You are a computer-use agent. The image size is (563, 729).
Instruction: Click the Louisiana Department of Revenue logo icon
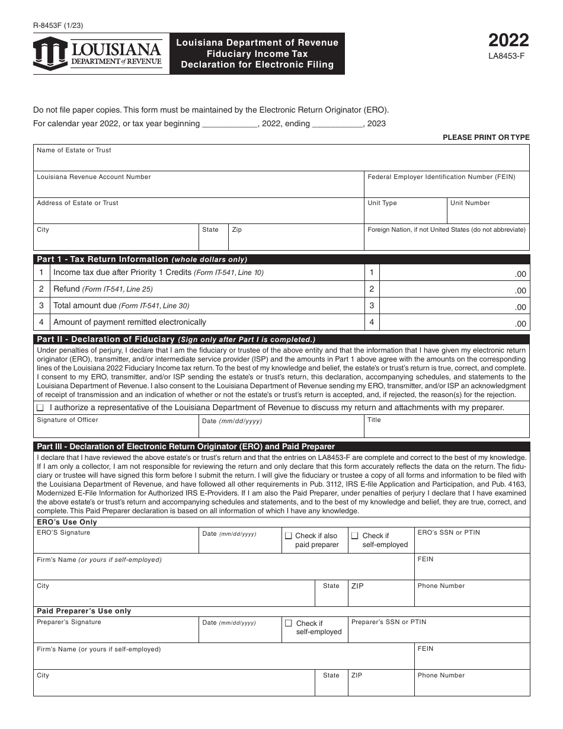[x=50, y=54]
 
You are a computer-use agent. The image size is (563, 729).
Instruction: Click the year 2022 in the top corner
[x=508, y=40]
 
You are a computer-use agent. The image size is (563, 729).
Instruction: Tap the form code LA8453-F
[x=507, y=57]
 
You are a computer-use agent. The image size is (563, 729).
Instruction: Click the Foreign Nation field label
[x=446, y=230]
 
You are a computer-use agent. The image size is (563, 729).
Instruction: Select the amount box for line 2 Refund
[x=453, y=289]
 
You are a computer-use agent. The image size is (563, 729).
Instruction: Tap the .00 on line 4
[x=520, y=324]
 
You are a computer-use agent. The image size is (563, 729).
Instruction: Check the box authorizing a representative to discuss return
[x=40, y=408]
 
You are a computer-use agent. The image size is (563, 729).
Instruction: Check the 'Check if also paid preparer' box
[x=289, y=536]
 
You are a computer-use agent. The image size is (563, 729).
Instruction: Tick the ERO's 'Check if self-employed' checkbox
[x=355, y=536]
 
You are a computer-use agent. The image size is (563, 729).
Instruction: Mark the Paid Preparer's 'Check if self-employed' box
[x=289, y=624]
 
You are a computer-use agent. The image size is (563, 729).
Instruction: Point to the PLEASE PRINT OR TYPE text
[x=486, y=138]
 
